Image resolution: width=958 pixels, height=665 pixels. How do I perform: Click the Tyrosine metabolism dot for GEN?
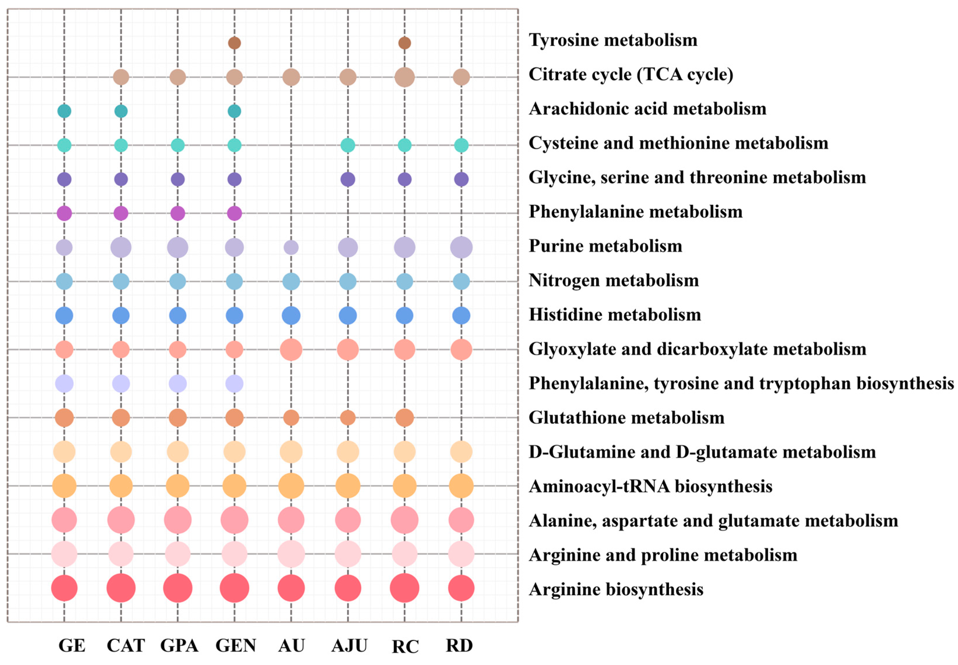[x=234, y=43]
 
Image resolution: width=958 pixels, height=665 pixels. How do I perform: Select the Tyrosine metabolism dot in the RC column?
[x=404, y=43]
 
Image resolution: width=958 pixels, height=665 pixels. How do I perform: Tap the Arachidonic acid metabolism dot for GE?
[x=64, y=111]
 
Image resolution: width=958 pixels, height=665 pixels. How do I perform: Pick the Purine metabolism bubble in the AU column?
[x=291, y=247]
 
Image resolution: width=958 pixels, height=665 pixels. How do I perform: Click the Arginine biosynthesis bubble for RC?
[x=404, y=588]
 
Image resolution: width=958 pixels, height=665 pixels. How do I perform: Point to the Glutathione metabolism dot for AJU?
[x=348, y=418]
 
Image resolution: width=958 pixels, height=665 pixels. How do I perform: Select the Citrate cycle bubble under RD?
[x=461, y=77]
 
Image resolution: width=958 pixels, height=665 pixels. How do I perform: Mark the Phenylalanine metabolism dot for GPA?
[x=178, y=213]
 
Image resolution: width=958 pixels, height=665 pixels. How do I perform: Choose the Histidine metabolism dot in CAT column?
[x=121, y=315]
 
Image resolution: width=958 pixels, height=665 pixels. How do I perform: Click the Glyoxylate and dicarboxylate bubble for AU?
[x=291, y=350]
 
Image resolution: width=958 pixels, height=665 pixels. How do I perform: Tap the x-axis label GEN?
[x=235, y=645]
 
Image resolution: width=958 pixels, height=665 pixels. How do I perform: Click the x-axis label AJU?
[x=349, y=645]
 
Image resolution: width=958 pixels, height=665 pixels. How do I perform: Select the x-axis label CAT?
[x=126, y=645]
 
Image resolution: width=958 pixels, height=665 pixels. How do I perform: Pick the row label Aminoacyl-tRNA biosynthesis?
[x=650, y=486]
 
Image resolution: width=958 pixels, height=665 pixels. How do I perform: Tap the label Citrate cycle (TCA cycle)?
[x=631, y=74]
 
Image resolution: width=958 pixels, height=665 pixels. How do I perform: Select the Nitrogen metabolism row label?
[x=614, y=280]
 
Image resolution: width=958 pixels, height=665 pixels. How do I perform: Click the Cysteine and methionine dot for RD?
[x=461, y=145]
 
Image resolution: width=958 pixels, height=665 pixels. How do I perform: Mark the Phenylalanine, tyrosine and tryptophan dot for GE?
[x=64, y=383]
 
